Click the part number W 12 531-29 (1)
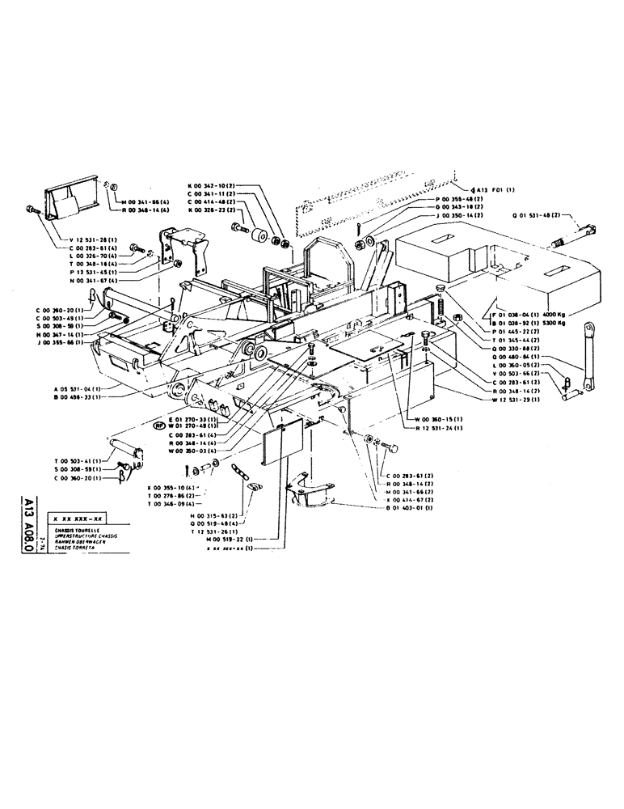click(516, 400)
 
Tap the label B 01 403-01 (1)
click(409, 506)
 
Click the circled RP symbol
click(161, 423)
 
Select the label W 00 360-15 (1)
click(438, 419)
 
